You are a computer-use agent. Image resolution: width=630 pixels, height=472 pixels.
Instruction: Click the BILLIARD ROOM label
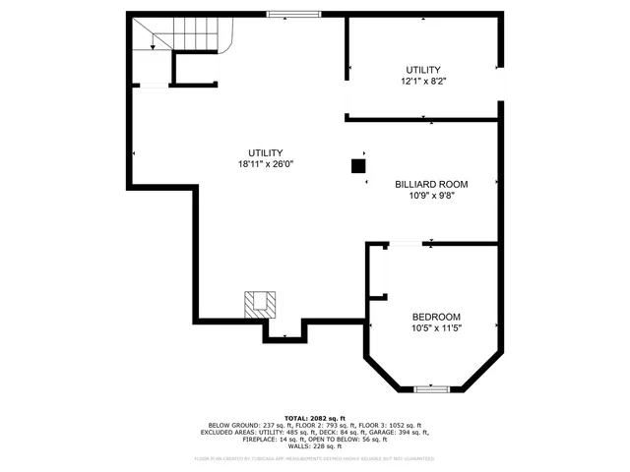pyautogui.click(x=431, y=184)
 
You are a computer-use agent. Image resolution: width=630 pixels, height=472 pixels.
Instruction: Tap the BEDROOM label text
pyautogui.click(x=436, y=317)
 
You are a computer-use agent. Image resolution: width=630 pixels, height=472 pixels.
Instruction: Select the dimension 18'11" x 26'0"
pyautogui.click(x=266, y=164)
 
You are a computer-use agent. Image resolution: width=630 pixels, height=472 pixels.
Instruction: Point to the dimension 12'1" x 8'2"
pyautogui.click(x=423, y=82)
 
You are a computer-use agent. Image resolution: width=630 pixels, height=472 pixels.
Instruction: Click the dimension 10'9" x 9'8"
pyautogui.click(x=431, y=196)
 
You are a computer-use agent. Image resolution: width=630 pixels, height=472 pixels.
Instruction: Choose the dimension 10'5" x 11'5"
pyautogui.click(x=436, y=328)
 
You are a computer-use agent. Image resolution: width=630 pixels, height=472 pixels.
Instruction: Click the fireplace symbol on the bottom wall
pyautogui.click(x=261, y=303)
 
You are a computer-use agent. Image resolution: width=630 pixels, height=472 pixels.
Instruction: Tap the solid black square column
pyautogui.click(x=357, y=166)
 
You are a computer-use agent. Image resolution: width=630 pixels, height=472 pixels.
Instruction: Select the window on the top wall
pyautogui.click(x=294, y=14)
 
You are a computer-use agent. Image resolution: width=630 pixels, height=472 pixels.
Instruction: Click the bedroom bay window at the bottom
pyautogui.click(x=431, y=389)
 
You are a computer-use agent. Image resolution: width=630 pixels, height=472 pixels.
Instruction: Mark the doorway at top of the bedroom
pyautogui.click(x=404, y=243)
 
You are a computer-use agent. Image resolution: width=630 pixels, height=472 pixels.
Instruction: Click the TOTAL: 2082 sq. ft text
pyautogui.click(x=315, y=418)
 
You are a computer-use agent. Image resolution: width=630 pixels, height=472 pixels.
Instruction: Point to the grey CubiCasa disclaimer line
pyautogui.click(x=315, y=458)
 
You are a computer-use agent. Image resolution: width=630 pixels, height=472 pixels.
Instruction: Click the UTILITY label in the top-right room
pyautogui.click(x=423, y=70)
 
